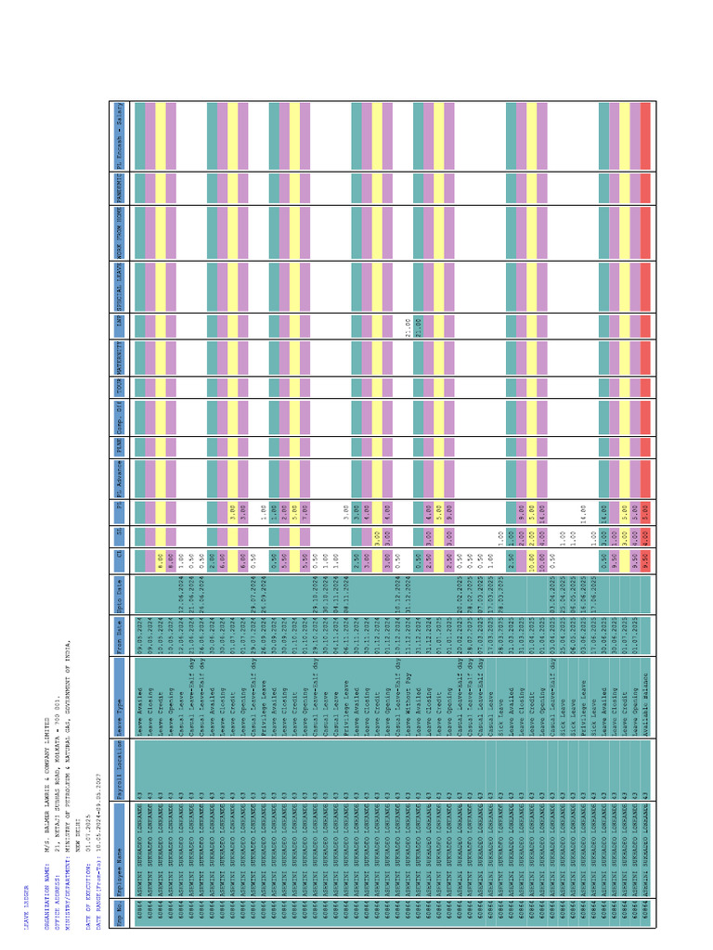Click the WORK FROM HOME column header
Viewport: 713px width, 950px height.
(120, 224)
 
